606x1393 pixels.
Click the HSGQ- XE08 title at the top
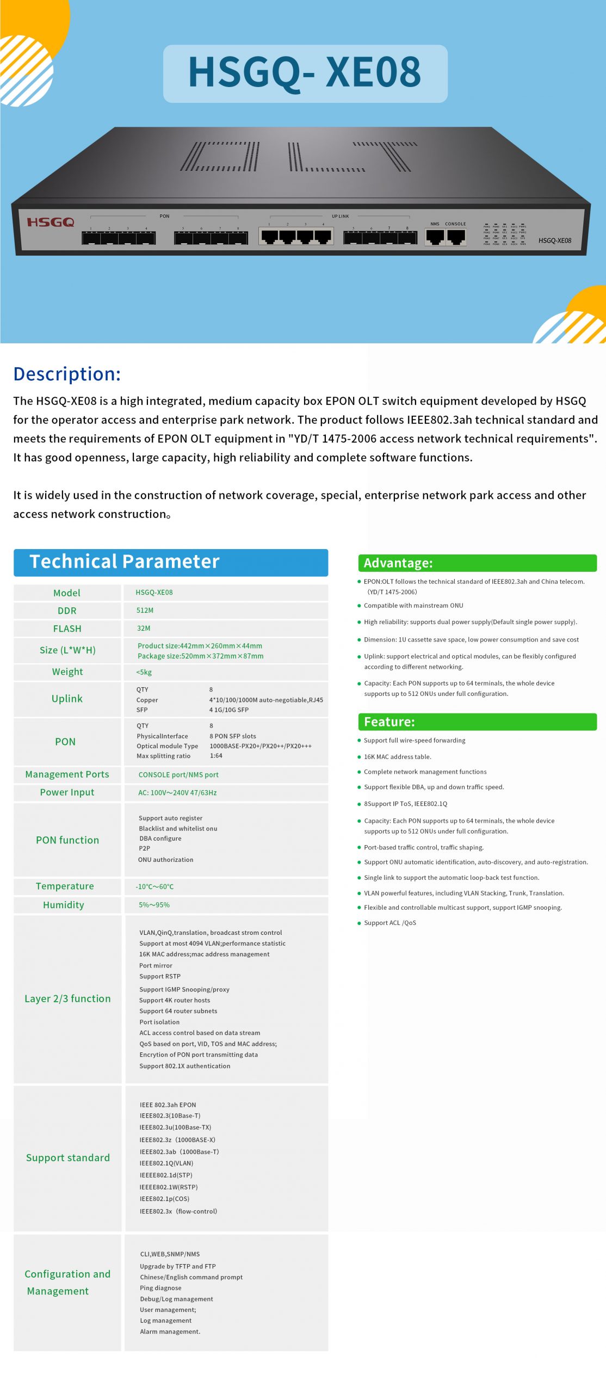pos(305,73)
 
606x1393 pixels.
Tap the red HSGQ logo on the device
pos(51,222)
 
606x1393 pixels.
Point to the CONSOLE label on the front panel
pos(455,224)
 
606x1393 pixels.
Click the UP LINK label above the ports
pos(341,216)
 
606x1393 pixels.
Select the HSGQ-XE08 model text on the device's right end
pos(554,241)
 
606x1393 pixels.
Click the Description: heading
pos(67,374)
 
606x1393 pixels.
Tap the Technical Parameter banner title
pos(125,562)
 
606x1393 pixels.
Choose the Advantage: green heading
pos(398,563)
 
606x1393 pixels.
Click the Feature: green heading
pos(389,722)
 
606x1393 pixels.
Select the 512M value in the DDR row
pos(145,611)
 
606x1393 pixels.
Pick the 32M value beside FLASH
pos(144,628)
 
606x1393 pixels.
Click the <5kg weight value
pos(144,673)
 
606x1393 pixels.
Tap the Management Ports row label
pos(67,774)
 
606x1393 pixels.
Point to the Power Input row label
pos(67,792)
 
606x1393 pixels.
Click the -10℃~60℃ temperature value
pos(155,886)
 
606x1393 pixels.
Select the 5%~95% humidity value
pos(154,905)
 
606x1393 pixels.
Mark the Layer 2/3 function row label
pos(67,998)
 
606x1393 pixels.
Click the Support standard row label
pos(68,1157)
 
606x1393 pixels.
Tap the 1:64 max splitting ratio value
pos(216,756)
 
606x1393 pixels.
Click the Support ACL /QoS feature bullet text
pos(390,923)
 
